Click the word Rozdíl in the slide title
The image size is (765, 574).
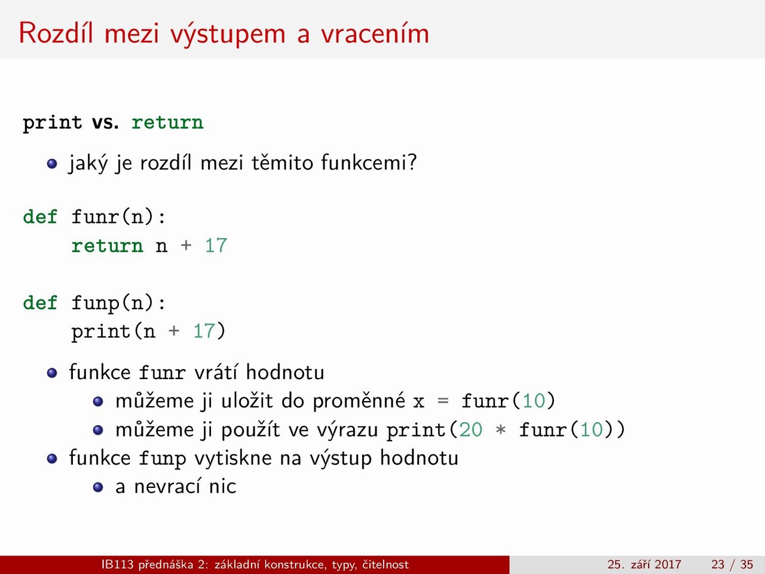pyautogui.click(x=56, y=33)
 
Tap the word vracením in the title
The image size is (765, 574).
pyautogui.click(x=375, y=33)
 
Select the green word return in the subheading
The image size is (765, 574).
pyautogui.click(x=167, y=123)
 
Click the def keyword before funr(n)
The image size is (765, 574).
pyautogui.click(x=40, y=216)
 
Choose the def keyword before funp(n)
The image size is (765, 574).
pyautogui.click(x=40, y=302)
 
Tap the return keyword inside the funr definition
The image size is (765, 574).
pyautogui.click(x=108, y=246)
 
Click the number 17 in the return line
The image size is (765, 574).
pyautogui.click(x=216, y=245)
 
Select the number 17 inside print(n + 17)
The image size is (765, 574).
pyautogui.click(x=204, y=331)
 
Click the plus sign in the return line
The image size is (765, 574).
pyautogui.click(x=186, y=245)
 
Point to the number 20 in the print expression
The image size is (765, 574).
pyautogui.click(x=470, y=429)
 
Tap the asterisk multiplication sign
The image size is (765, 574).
pyautogui.click(x=500, y=429)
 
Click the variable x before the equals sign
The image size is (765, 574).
pyautogui.click(x=418, y=402)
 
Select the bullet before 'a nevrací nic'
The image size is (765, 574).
pyautogui.click(x=98, y=487)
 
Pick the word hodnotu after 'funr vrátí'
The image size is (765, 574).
pyautogui.click(x=285, y=372)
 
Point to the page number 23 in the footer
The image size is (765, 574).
pyautogui.click(x=718, y=564)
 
